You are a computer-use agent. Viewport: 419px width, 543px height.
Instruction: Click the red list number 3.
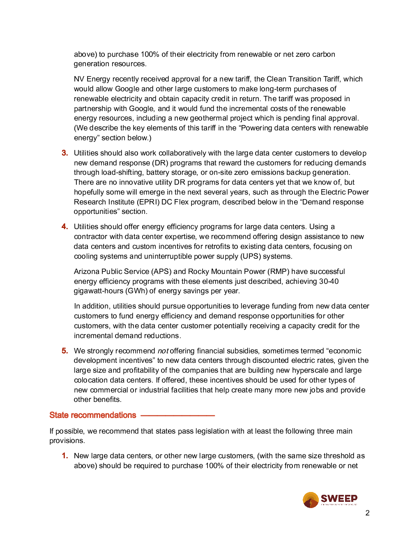64,153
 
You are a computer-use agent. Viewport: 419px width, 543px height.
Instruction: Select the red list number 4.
64,227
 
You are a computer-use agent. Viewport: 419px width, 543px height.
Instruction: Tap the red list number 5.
64,351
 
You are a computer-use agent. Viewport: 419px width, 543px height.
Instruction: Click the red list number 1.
64,456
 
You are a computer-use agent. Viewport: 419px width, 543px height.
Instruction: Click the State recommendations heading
93,415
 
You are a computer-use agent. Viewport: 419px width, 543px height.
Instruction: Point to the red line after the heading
177,415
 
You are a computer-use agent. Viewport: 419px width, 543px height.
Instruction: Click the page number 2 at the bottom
367,513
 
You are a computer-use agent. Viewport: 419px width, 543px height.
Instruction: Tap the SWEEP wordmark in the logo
339,499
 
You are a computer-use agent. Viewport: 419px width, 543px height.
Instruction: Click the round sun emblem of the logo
311,500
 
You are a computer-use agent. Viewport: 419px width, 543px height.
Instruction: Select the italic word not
163,351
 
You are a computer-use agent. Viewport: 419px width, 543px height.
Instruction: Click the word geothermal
209,118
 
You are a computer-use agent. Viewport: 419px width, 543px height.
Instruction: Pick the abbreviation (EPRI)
147,202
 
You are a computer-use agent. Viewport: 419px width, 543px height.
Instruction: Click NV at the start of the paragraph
79,79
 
